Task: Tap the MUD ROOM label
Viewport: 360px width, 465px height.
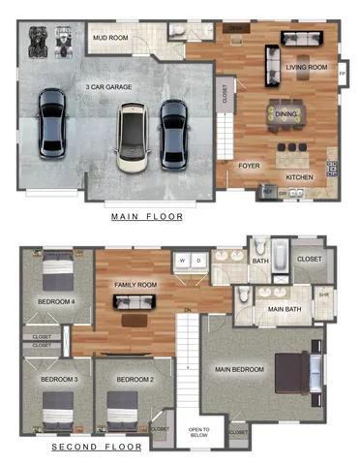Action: tap(110, 38)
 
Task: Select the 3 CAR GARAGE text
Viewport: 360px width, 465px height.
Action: tap(107, 87)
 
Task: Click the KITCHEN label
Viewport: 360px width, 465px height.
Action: tap(300, 177)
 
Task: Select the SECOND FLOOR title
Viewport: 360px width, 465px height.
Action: tap(96, 448)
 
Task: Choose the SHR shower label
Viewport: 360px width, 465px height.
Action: tap(323, 294)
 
